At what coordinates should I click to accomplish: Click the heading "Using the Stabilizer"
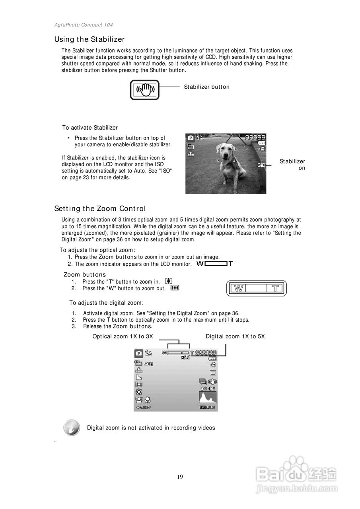[x=90, y=39]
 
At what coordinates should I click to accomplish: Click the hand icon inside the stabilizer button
[x=145, y=90]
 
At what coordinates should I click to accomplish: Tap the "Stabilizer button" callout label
[x=206, y=87]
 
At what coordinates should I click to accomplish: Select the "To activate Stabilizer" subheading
[x=90, y=128]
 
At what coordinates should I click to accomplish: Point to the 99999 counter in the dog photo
[x=255, y=137]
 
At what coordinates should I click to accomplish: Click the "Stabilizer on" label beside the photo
[x=292, y=165]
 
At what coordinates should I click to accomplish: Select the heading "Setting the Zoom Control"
[x=100, y=209]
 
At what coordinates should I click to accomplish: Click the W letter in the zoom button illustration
[x=239, y=288]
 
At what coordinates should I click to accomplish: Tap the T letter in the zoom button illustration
[x=275, y=288]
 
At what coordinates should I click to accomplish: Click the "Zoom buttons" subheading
[x=85, y=275]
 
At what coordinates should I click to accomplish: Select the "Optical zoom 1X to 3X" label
[x=123, y=336]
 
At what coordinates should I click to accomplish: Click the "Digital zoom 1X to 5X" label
[x=235, y=336]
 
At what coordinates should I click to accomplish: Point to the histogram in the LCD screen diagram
[x=208, y=397]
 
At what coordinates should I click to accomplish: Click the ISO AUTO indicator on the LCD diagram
[x=207, y=408]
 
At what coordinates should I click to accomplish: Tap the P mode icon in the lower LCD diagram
[x=138, y=353]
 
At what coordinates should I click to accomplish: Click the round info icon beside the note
[x=71, y=428]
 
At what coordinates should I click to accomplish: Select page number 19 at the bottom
[x=180, y=477]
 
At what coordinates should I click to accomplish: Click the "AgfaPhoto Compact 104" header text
[x=84, y=25]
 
